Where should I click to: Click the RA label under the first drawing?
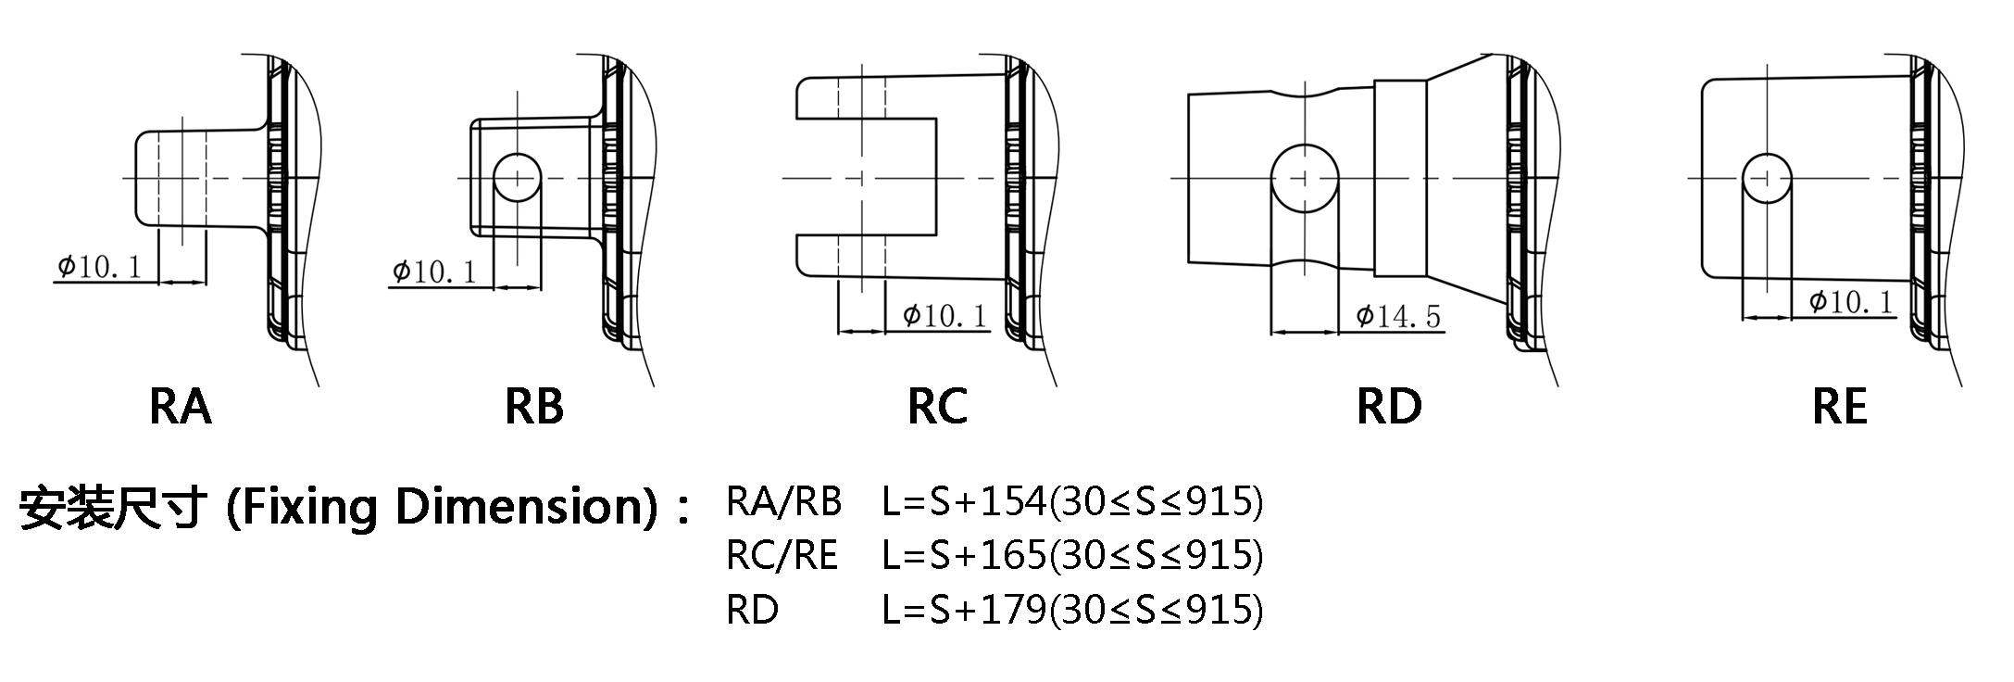181,407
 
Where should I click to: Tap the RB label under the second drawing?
534,407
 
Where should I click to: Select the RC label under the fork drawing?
937,407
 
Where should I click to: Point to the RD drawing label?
1389,407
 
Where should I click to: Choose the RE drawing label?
1840,407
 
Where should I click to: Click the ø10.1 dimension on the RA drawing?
100,268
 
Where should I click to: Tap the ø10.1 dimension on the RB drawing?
434,272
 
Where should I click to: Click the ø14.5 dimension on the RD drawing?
1398,317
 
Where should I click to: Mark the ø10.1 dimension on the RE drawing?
1851,302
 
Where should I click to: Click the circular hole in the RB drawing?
517,177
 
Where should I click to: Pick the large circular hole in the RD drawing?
1305,177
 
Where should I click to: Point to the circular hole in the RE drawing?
1767,177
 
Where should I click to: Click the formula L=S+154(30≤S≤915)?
1072,501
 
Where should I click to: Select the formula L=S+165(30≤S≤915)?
1072,555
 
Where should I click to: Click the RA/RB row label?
784,501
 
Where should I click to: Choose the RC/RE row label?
782,555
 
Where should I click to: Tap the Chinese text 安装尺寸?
111,508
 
